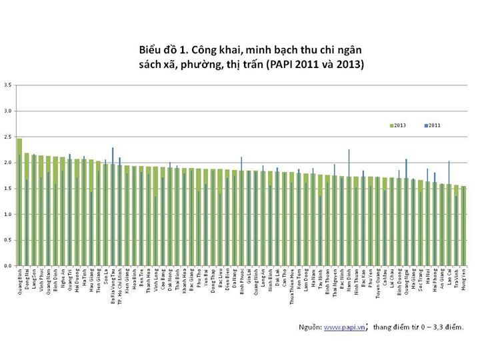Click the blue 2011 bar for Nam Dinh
tap(349, 207)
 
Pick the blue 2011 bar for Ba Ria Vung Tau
tap(113, 207)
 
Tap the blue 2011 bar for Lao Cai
tap(449, 213)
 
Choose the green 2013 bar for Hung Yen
tap(464, 227)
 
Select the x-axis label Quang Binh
tap(19, 279)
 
